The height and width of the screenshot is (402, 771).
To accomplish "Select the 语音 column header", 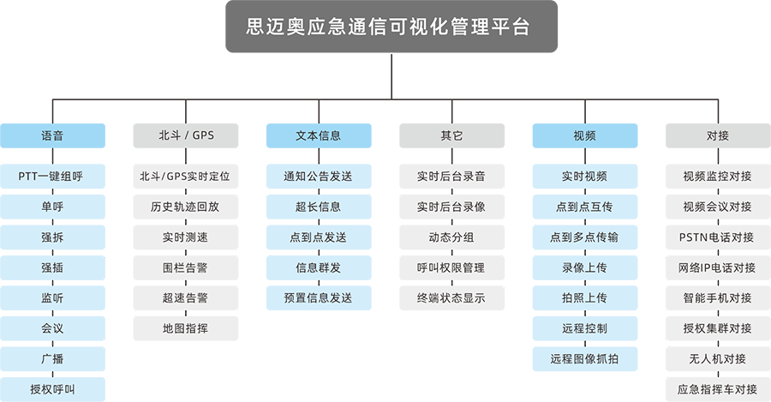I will point(52,135).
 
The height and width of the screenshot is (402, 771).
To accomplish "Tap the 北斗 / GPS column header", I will point(186,135).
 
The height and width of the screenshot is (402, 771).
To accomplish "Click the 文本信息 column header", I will point(318,135).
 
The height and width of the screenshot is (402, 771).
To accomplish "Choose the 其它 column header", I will point(451,135).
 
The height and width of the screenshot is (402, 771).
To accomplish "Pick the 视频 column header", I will point(584,135).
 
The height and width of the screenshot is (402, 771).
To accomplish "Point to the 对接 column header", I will point(717,135).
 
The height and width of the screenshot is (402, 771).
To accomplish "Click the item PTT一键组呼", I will point(52,177).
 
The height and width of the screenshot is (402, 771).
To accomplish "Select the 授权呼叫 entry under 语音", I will point(52,389).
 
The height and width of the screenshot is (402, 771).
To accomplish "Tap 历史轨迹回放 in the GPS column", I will point(185,207).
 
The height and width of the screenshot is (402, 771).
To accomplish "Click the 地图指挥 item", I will point(185,328).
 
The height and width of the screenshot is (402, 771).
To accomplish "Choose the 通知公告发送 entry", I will point(318,177).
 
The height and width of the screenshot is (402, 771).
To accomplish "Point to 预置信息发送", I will point(318,298).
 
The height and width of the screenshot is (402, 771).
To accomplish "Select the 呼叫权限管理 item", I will point(451,267).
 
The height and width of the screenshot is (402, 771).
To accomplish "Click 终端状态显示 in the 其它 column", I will point(451,298).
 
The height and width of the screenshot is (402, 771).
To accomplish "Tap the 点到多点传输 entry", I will point(584,237).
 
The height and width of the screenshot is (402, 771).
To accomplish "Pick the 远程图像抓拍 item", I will point(584,359).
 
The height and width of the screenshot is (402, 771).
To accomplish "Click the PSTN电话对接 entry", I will point(717,237).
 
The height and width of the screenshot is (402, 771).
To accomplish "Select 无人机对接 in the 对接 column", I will point(717,359).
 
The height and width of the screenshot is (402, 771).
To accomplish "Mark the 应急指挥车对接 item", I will point(717,389).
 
